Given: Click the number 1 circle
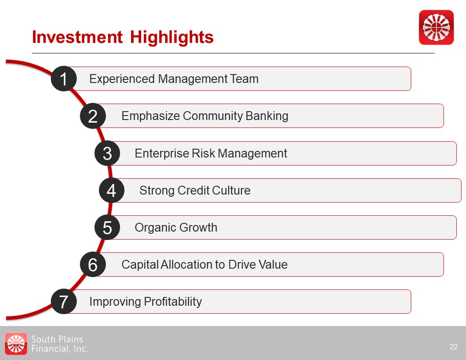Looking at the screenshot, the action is pyautogui.click(x=64, y=79).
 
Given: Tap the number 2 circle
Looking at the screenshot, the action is pyautogui.click(x=93, y=116).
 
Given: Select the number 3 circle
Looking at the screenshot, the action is pyautogui.click(x=107, y=153).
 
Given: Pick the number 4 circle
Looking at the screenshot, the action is pyautogui.click(x=112, y=191).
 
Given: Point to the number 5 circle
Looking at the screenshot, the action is pyautogui.click(x=107, y=228).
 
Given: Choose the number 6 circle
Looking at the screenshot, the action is pyautogui.click(x=93, y=264).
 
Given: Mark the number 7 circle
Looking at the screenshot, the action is pyautogui.click(x=64, y=301).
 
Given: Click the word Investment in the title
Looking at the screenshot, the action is pyautogui.click(x=77, y=37).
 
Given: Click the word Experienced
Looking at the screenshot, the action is pyautogui.click(x=122, y=79).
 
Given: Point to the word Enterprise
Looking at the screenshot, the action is pyautogui.click(x=162, y=154).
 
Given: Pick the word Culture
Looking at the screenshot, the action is pyautogui.click(x=231, y=191).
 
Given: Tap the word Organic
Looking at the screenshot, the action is pyautogui.click(x=156, y=228).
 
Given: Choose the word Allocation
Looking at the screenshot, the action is pyautogui.click(x=186, y=264).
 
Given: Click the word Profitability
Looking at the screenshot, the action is pyautogui.click(x=173, y=302).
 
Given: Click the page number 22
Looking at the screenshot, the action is pyautogui.click(x=454, y=347).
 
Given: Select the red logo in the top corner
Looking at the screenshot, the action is pyautogui.click(x=436, y=27).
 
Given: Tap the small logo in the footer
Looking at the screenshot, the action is pyautogui.click(x=16, y=344).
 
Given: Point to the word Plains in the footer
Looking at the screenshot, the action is pyautogui.click(x=70, y=339).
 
